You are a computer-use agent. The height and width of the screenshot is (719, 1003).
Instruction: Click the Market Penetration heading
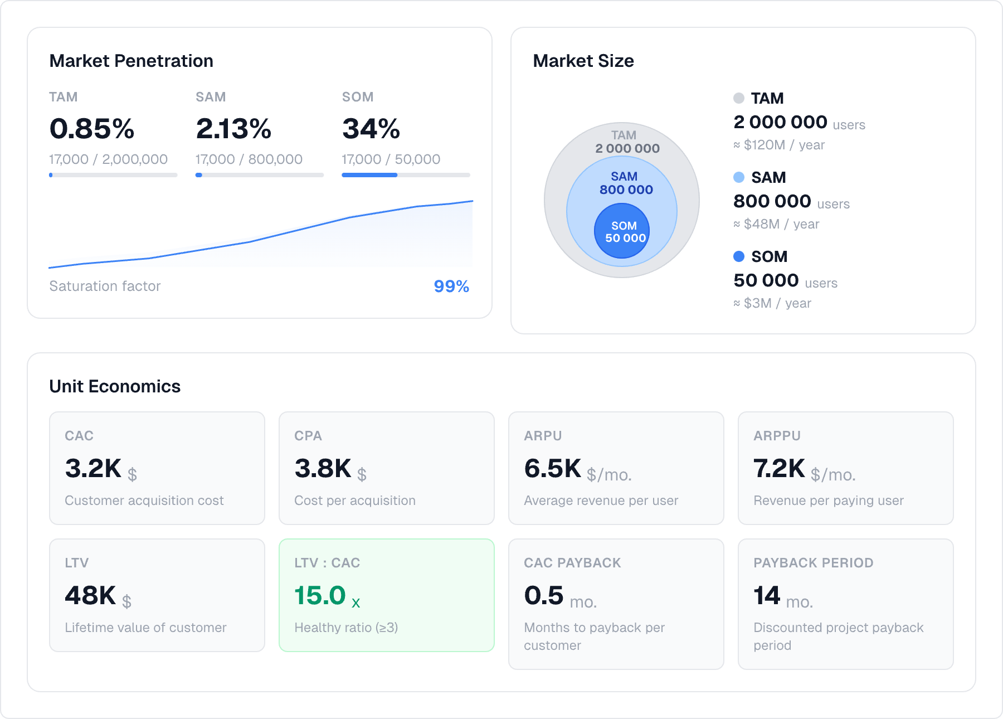(x=131, y=61)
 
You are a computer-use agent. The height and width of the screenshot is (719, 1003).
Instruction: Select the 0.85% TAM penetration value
(x=92, y=129)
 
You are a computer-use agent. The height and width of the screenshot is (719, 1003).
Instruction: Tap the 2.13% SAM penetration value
(x=233, y=129)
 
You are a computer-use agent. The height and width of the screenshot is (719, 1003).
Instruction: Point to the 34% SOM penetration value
(x=371, y=129)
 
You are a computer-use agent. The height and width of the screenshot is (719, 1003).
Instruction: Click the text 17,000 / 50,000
(x=391, y=159)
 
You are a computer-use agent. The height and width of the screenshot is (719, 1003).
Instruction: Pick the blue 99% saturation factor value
(x=451, y=286)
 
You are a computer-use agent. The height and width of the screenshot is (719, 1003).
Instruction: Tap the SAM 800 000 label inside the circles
(x=625, y=183)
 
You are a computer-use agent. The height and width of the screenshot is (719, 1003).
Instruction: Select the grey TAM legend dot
(x=739, y=98)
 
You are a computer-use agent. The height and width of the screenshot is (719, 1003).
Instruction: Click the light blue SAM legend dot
(x=739, y=177)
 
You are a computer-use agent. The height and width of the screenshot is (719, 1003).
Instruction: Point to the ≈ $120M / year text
(x=779, y=145)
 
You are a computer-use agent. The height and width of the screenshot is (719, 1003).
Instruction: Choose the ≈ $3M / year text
(x=772, y=303)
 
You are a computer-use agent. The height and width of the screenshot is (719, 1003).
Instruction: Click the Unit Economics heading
(x=115, y=386)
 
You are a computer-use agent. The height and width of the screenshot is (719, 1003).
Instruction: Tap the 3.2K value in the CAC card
(x=93, y=468)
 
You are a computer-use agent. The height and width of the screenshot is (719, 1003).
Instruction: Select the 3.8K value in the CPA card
(x=323, y=468)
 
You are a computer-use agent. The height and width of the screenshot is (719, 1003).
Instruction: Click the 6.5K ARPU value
(x=552, y=468)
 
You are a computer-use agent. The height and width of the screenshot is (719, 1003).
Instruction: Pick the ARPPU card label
(x=777, y=436)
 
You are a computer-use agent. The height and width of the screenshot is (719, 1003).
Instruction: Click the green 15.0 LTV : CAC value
(x=320, y=595)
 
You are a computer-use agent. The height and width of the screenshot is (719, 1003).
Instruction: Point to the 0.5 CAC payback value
(x=544, y=595)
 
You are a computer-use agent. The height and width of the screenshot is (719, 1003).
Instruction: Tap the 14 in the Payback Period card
(x=767, y=595)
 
